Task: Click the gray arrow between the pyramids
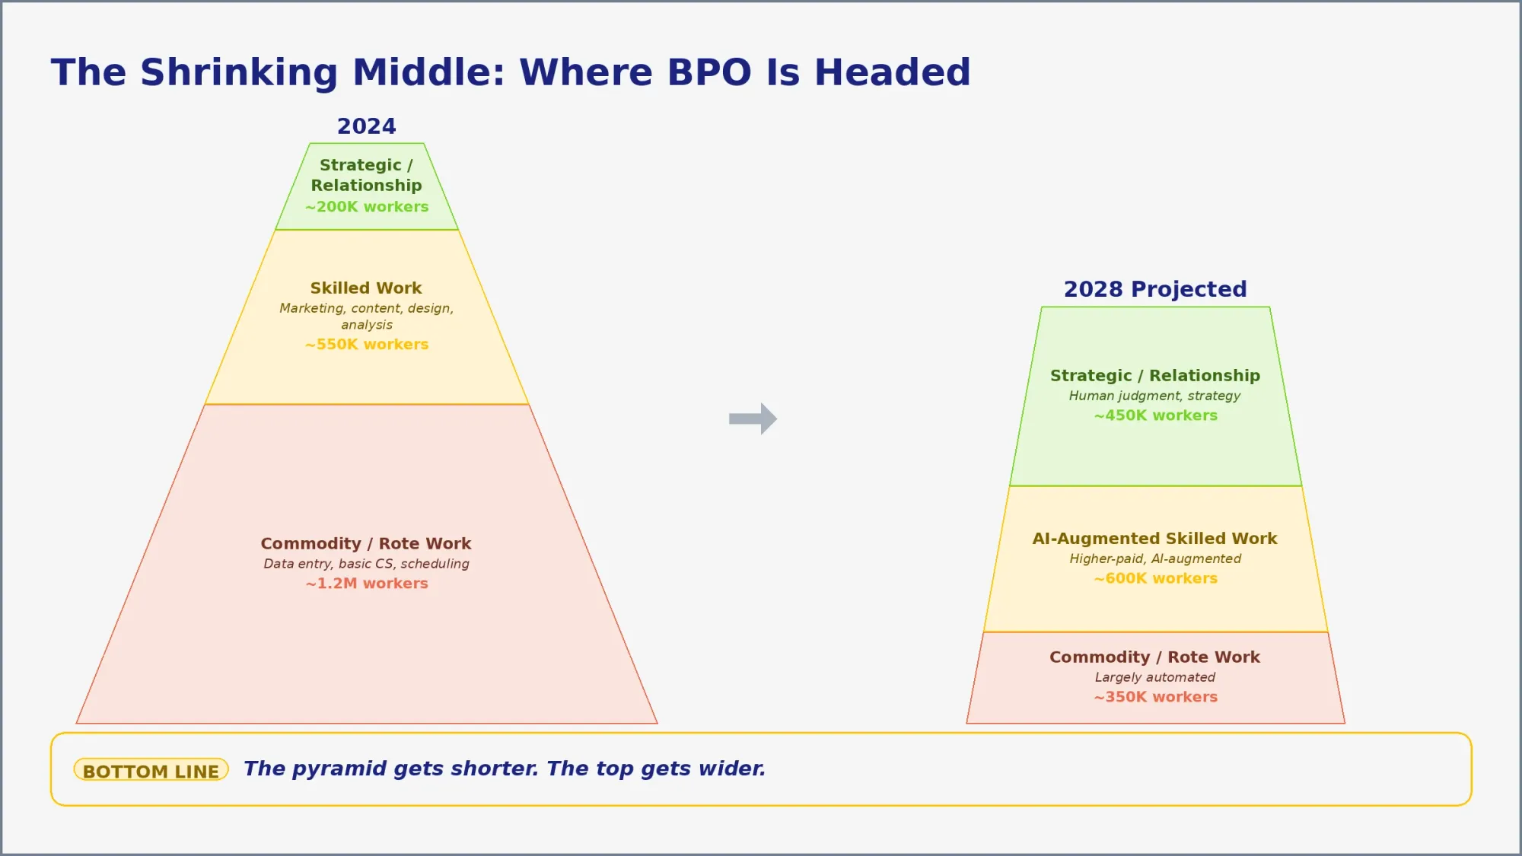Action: [x=753, y=418]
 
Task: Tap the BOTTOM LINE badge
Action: [x=151, y=771]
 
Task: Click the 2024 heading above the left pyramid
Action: [x=366, y=126]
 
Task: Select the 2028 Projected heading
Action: [x=1154, y=289]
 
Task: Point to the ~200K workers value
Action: [x=367, y=207]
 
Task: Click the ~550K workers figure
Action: [x=367, y=345]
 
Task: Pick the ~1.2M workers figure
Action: [x=367, y=584]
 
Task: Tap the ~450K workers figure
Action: [x=1155, y=415]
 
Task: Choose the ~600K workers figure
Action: [x=1155, y=578]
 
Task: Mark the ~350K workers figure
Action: [x=1155, y=697]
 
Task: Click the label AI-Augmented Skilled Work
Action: [x=1154, y=539]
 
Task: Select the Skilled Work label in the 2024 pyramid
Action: [x=366, y=288]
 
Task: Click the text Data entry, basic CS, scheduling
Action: [x=366, y=564]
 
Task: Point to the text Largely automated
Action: [x=1154, y=677]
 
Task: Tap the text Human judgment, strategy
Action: [x=1154, y=396]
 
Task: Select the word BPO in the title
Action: [x=709, y=73]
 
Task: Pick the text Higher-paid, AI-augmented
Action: [x=1154, y=558]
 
